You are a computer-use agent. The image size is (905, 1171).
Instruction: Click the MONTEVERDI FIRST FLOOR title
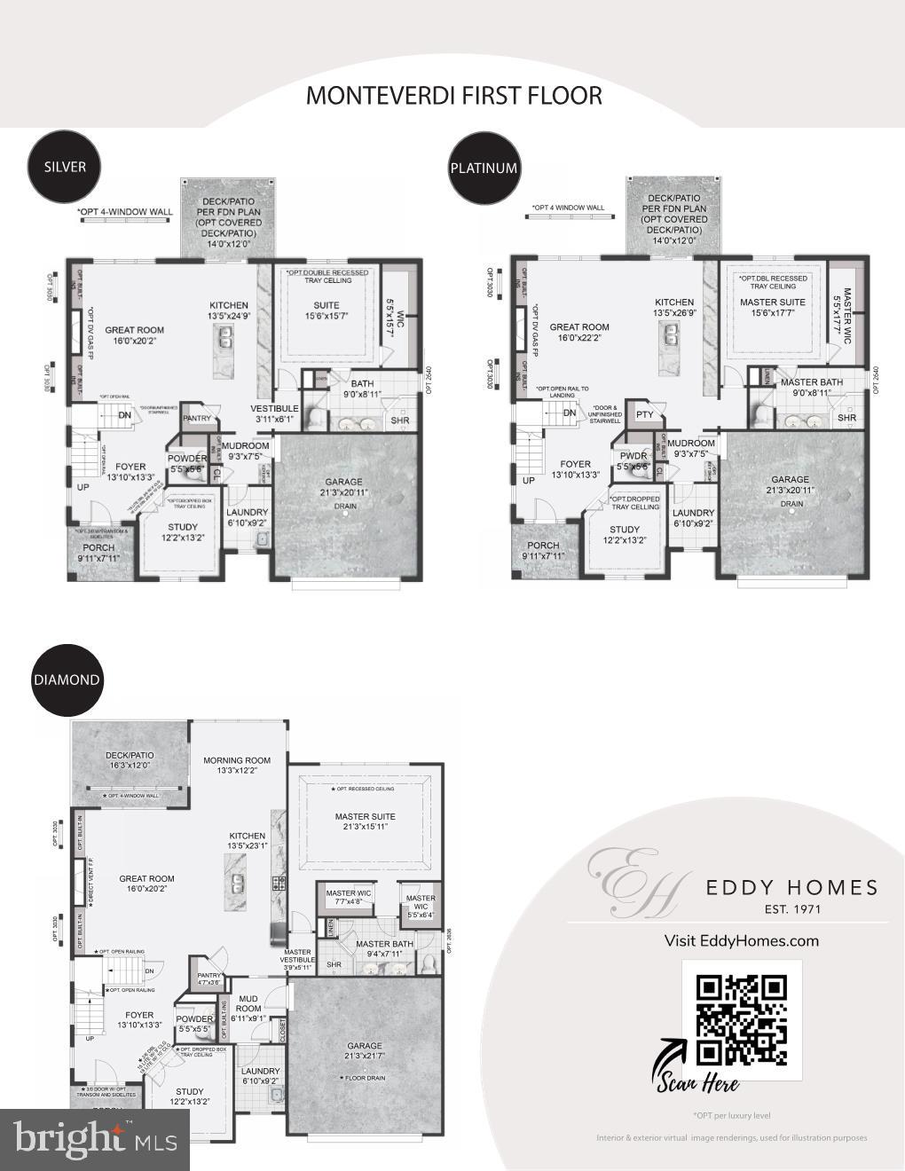pyautogui.click(x=453, y=95)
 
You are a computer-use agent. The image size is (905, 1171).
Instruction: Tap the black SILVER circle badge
pyautogui.click(x=65, y=166)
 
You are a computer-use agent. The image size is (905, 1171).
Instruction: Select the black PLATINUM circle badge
pyautogui.click(x=483, y=168)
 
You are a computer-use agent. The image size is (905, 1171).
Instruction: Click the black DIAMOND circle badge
pyautogui.click(x=67, y=680)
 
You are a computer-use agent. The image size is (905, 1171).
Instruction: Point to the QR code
pyautogui.click(x=742, y=1019)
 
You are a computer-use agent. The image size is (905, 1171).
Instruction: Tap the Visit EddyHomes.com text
pyautogui.click(x=741, y=940)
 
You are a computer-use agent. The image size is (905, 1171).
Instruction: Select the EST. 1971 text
pyautogui.click(x=792, y=908)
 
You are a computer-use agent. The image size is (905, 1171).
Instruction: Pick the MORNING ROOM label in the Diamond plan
pyautogui.click(x=236, y=760)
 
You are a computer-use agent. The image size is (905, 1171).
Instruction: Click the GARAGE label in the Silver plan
pyautogui.click(x=343, y=483)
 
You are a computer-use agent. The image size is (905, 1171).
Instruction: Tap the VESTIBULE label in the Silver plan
pyautogui.click(x=274, y=408)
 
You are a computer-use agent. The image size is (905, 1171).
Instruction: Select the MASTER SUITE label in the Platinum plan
pyautogui.click(x=773, y=303)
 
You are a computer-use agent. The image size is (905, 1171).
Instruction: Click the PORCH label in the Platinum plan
pyautogui.click(x=543, y=546)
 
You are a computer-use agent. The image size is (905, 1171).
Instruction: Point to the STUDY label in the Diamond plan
pyautogui.click(x=190, y=1091)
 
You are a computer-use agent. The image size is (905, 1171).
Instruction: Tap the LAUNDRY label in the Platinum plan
pyautogui.click(x=693, y=513)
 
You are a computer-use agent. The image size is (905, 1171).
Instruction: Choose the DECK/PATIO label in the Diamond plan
pyautogui.click(x=130, y=755)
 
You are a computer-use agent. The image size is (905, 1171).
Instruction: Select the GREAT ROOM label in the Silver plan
pyautogui.click(x=134, y=330)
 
